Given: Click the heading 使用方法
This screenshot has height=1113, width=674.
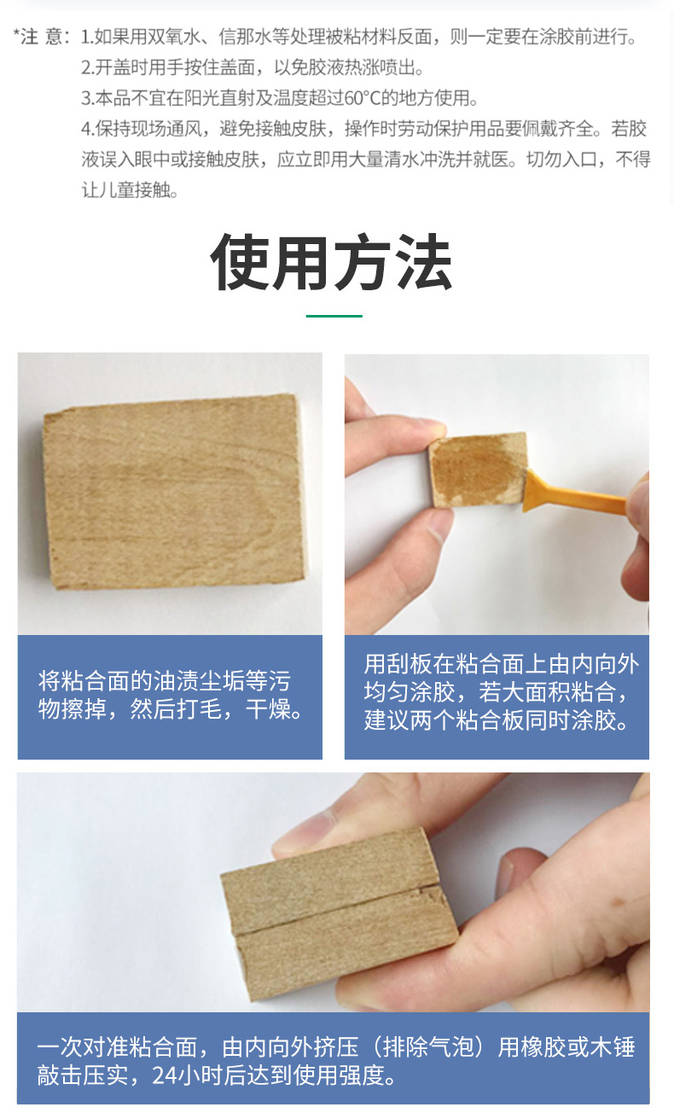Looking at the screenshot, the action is point(331,261).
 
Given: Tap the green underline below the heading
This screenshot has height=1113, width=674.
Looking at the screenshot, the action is point(334,316).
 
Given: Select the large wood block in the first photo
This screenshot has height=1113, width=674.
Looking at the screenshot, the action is point(174,491).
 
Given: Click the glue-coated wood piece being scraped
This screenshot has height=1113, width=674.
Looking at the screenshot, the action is point(478,469).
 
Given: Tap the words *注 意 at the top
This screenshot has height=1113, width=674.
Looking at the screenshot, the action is point(38,36).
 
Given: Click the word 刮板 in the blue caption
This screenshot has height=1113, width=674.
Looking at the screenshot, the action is point(410,664).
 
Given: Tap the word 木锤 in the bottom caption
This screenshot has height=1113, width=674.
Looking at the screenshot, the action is point(613,1047).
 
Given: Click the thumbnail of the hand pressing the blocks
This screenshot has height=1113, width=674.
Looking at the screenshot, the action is point(334,892).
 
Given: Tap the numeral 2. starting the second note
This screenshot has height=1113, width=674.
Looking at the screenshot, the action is point(87,67).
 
